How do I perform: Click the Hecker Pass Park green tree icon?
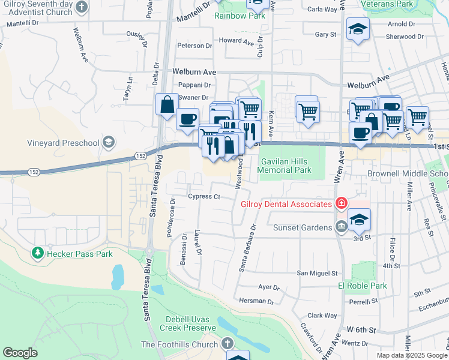click(38, 254)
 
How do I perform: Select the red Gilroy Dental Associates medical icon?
click(341, 203)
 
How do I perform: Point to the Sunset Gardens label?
click(303, 227)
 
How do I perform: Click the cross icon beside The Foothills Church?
click(227, 344)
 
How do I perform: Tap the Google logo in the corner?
click(20, 353)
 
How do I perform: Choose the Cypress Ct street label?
click(204, 196)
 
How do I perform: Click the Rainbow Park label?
click(240, 16)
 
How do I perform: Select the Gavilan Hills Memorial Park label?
click(284, 166)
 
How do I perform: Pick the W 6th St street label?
click(361, 330)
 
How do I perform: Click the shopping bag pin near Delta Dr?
click(166, 104)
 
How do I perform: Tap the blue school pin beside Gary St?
click(358, 29)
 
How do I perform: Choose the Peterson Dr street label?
click(194, 46)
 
